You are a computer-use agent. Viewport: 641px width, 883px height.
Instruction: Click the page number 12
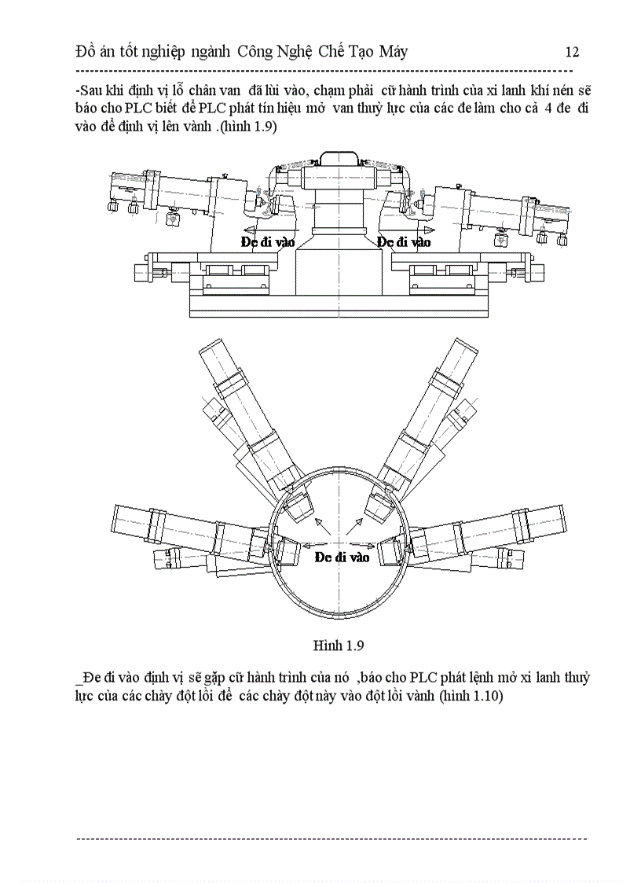click(x=573, y=53)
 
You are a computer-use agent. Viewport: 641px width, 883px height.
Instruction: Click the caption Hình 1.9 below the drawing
click(x=339, y=646)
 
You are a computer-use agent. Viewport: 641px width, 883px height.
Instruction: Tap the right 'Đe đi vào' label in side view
click(x=404, y=242)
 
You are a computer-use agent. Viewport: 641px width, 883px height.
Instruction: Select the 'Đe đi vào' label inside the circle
click(x=342, y=557)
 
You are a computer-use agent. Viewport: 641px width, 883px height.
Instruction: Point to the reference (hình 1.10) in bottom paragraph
click(x=471, y=696)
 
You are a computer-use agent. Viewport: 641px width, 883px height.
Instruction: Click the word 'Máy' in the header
click(x=394, y=53)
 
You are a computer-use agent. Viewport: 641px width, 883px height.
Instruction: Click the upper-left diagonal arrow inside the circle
click(x=323, y=526)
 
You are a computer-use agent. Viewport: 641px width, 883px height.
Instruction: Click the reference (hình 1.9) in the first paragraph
click(x=248, y=127)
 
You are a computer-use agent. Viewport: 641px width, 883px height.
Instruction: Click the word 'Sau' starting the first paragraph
click(x=91, y=90)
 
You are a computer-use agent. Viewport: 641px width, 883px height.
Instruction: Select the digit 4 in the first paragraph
click(x=548, y=109)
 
